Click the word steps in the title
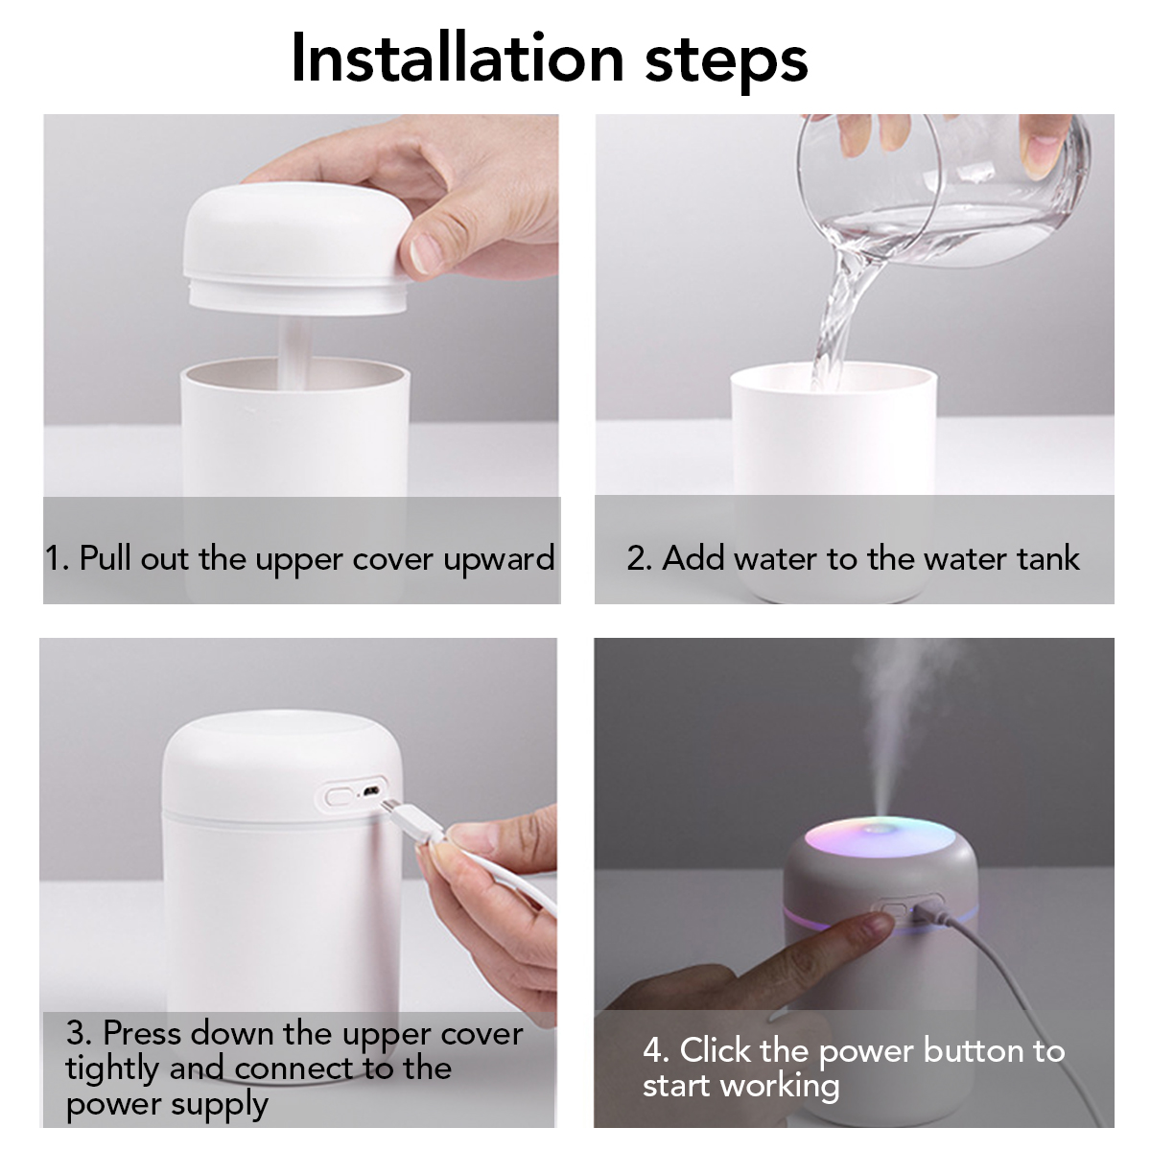pyautogui.click(x=726, y=60)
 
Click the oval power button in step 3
pyautogui.click(x=339, y=796)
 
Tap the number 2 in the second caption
pyautogui.click(x=637, y=558)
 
